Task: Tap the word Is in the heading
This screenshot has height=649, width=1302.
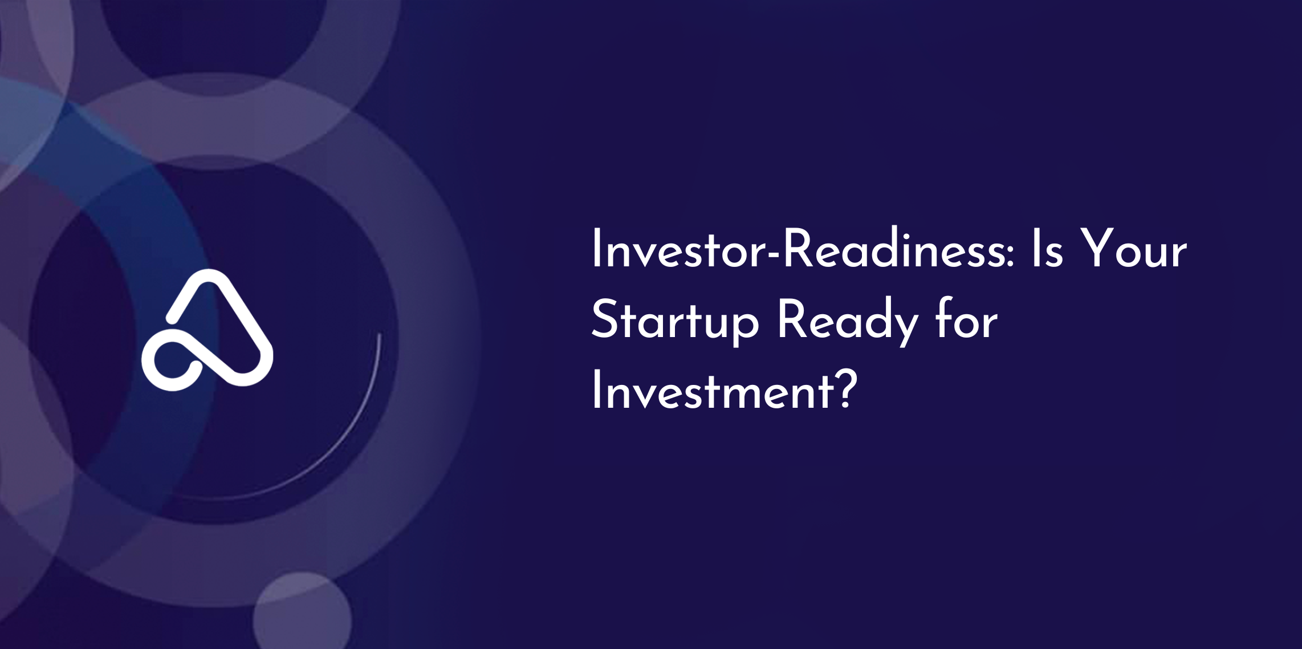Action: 1047,249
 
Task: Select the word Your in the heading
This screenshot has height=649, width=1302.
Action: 1134,249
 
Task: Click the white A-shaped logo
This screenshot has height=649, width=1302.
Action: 207,330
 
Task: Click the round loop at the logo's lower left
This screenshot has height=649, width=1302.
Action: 170,363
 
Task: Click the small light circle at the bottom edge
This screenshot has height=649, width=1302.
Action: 302,611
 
